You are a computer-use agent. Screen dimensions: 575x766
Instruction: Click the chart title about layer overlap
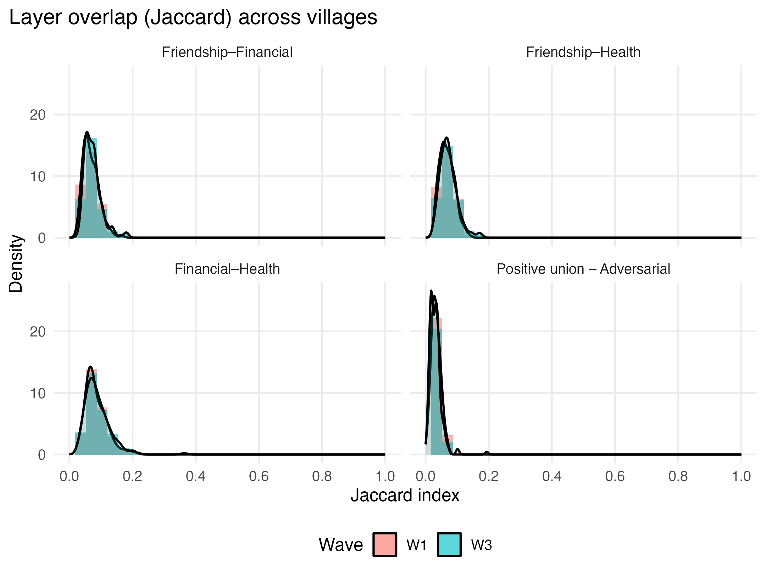coord(193,18)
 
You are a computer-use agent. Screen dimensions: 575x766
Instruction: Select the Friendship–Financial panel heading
coord(227,52)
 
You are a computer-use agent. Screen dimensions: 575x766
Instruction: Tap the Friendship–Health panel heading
coord(583,52)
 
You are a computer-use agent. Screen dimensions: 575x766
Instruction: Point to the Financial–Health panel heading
coord(227,269)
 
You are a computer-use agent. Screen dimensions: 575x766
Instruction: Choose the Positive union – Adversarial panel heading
coord(583,269)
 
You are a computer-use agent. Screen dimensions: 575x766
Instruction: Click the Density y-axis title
coord(16,263)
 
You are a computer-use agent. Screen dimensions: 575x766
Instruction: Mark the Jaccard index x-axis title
coord(405,495)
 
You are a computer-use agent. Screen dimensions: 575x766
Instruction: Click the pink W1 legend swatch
coord(385,544)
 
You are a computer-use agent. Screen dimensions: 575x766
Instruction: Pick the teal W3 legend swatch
coord(449,544)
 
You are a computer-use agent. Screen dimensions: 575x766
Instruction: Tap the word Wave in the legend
coord(340,544)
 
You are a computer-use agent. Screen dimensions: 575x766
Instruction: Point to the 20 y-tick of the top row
coord(38,115)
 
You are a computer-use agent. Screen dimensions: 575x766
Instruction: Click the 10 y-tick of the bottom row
coord(38,393)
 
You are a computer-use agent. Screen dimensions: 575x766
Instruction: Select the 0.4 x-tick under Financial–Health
coord(195,476)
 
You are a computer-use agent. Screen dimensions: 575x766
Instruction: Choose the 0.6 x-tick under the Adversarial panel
coord(615,476)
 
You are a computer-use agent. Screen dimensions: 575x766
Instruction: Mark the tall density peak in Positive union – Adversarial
coord(431,291)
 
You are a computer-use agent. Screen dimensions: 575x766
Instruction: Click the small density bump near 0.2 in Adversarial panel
coord(487,452)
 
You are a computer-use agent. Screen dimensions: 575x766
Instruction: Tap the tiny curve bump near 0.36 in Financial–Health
coord(184,453)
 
